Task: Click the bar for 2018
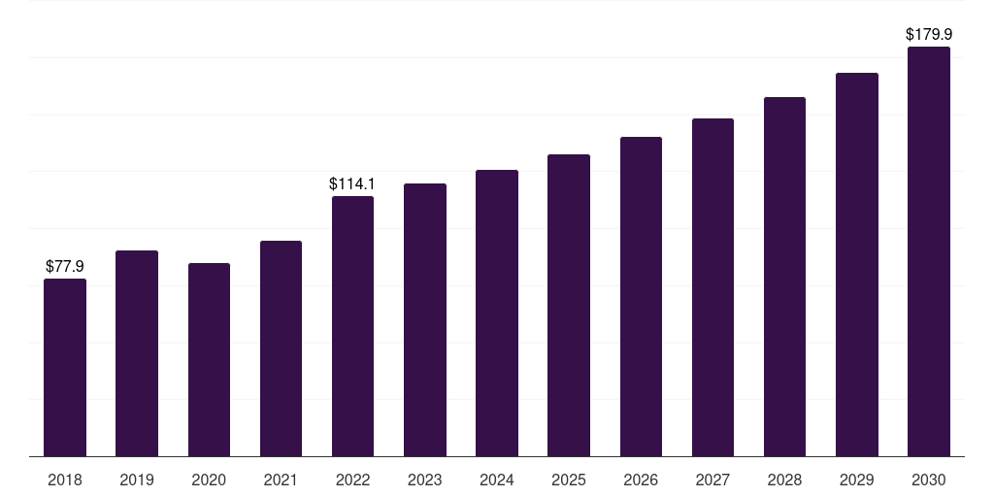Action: coord(65,368)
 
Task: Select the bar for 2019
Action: coord(137,353)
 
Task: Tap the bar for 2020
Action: coord(210,360)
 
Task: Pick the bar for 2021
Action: coord(281,348)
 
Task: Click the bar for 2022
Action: coord(352,326)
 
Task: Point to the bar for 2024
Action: coord(497,314)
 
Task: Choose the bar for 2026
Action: coord(641,297)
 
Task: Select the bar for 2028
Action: coord(784,277)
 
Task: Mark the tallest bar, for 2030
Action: coord(929,251)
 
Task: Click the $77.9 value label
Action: coord(65,266)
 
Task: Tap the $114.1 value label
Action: coord(351,183)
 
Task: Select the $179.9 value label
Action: coord(929,34)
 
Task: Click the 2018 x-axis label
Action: coord(65,480)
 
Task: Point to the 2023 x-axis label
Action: coord(425,480)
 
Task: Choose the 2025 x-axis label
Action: coord(569,480)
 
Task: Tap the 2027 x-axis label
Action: coord(712,480)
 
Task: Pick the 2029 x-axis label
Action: coord(856,480)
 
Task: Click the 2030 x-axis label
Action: coord(929,480)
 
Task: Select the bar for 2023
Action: coord(425,320)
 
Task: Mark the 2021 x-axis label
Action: coord(281,480)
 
